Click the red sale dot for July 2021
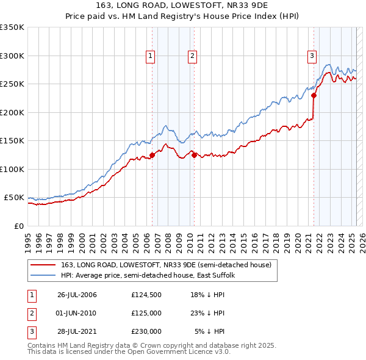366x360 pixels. [314, 95]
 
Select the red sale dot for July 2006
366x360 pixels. [152, 155]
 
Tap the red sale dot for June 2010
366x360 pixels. [194, 155]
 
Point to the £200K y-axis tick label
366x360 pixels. [12, 112]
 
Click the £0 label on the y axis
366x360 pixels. [18, 226]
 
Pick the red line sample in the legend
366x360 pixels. [44, 265]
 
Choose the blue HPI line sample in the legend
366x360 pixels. [44, 275]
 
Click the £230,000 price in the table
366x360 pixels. [146, 332]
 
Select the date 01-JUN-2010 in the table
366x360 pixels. [77, 313]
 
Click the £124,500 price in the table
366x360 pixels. [146, 295]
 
